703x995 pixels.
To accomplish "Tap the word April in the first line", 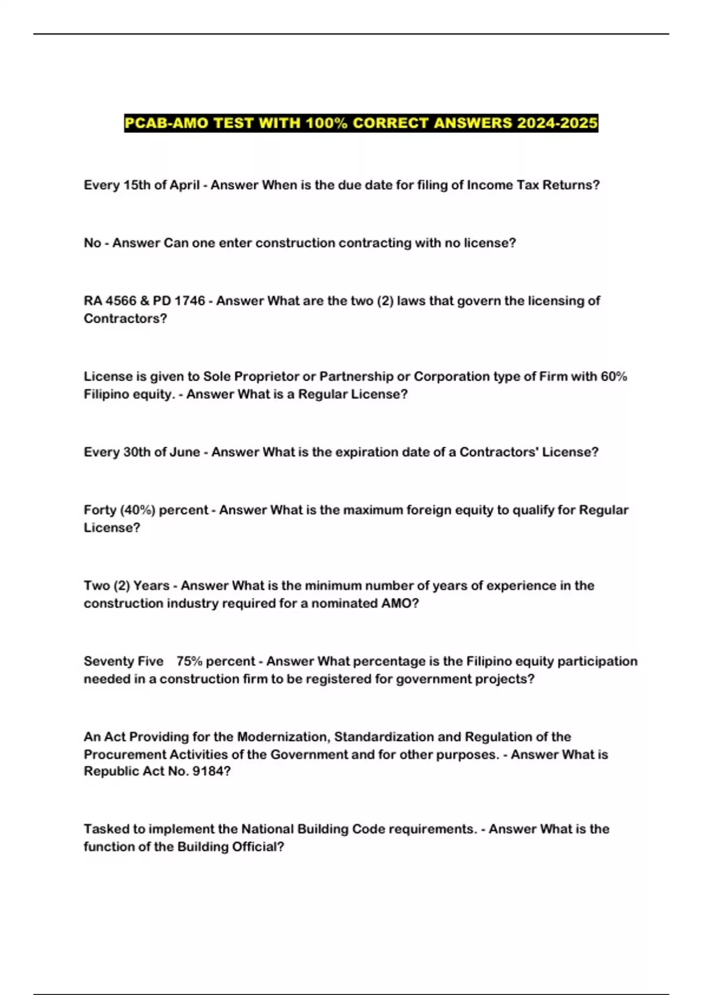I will [x=185, y=185].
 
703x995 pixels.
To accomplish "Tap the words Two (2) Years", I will [x=127, y=585].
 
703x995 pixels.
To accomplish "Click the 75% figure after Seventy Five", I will [x=189, y=661].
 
